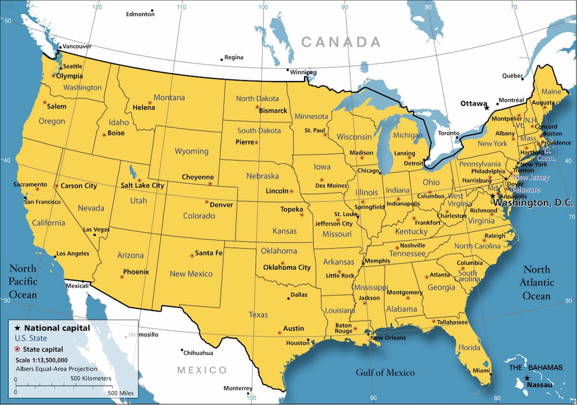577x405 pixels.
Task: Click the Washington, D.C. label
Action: click(x=533, y=203)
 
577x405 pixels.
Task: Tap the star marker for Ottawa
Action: click(x=487, y=108)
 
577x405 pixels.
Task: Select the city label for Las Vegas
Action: click(x=96, y=229)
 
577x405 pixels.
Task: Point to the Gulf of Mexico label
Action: click(x=385, y=372)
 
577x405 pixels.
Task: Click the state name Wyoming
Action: click(x=191, y=151)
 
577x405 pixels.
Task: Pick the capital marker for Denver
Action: click(x=207, y=202)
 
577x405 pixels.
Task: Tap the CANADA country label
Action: click(x=340, y=42)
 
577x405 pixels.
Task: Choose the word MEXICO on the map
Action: click(x=202, y=370)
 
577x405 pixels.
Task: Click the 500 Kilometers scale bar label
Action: click(x=91, y=378)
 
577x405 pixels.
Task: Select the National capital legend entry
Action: click(x=57, y=328)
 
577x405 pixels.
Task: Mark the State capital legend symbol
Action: click(x=18, y=350)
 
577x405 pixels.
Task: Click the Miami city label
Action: click(x=481, y=371)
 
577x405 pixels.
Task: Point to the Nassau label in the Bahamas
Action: click(x=539, y=384)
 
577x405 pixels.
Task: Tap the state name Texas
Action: click(x=258, y=315)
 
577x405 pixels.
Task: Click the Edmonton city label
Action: click(x=140, y=14)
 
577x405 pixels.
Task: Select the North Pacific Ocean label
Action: click(x=23, y=281)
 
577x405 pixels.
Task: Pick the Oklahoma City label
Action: click(x=287, y=267)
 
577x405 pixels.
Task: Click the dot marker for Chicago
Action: click(x=380, y=173)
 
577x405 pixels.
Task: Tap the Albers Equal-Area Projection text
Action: click(x=56, y=369)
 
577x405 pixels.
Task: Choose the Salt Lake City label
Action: click(x=142, y=185)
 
